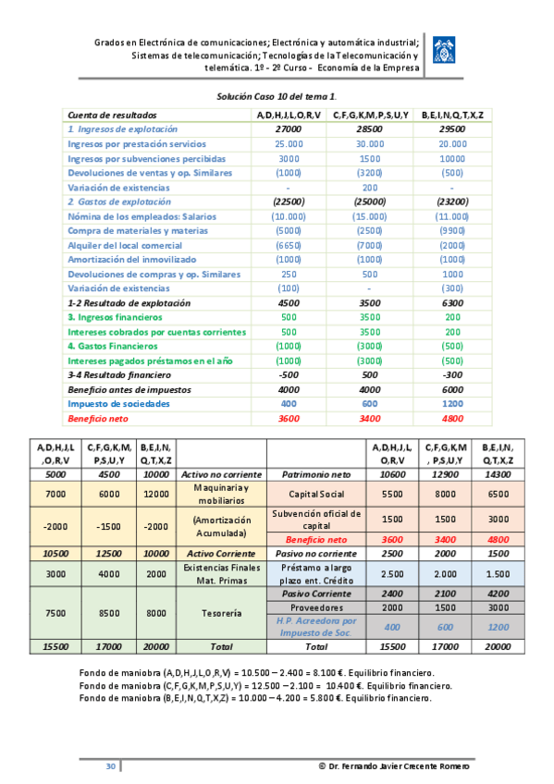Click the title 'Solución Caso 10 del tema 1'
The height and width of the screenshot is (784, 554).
coord(277,96)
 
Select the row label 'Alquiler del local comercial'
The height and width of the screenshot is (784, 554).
coord(125,245)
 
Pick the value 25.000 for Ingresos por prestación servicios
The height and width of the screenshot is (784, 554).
coord(289,144)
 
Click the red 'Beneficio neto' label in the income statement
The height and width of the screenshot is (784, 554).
coord(98,419)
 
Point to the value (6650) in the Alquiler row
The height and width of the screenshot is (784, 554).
coord(289,245)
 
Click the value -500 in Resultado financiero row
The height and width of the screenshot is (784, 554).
coord(289,375)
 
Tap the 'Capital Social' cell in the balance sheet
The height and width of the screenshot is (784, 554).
coord(316,494)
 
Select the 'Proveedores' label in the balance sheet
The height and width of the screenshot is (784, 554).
coord(316,607)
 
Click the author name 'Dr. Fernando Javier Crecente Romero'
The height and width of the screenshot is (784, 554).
coord(394,767)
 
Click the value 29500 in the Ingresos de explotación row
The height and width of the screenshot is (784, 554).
coord(452,129)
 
